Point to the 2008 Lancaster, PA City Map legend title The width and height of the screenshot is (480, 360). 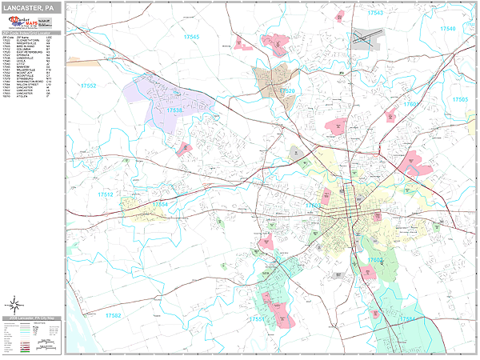(32, 318)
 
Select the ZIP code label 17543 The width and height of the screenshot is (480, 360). (374, 14)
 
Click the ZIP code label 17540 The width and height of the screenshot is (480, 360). (447, 29)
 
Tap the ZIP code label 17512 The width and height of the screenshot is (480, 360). (106, 194)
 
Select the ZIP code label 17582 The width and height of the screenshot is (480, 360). (113, 315)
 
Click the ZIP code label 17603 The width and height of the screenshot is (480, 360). (314, 206)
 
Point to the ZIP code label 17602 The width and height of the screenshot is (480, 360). (376, 260)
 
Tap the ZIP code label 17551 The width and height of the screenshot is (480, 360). (258, 318)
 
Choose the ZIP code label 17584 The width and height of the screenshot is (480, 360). (408, 318)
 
